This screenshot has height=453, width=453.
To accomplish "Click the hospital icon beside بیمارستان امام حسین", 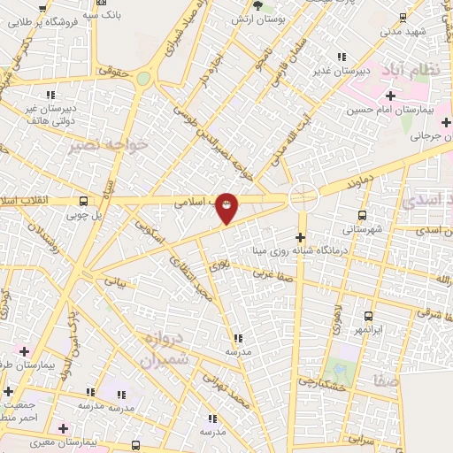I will pyautogui.click(x=389, y=95).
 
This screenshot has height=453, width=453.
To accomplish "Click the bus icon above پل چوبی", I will pyautogui.click(x=82, y=201).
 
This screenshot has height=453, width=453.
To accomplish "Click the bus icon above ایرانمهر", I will pyautogui.click(x=368, y=316).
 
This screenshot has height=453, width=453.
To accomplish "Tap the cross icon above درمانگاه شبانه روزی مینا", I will pyautogui.click(x=301, y=237).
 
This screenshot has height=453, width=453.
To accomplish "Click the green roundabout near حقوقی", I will pyautogui.click(x=143, y=79).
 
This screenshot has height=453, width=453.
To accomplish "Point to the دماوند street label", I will pyautogui.click(x=344, y=181).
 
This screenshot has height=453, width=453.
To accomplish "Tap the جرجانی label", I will pyautogui.click(x=428, y=137).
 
